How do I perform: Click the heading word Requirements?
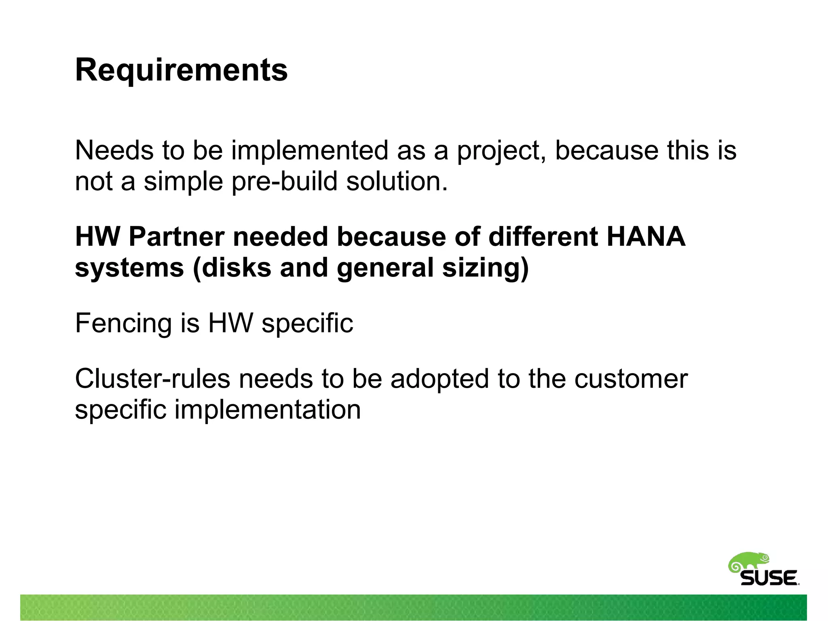[181, 70]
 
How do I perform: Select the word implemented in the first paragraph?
[310, 151]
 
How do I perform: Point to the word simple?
[184, 181]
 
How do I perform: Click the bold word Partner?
[176, 237]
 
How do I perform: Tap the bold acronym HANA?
[646, 237]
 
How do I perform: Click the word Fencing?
[123, 323]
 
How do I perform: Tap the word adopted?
[439, 379]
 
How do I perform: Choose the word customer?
[631, 379]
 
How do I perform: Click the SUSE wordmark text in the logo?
[769, 578]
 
